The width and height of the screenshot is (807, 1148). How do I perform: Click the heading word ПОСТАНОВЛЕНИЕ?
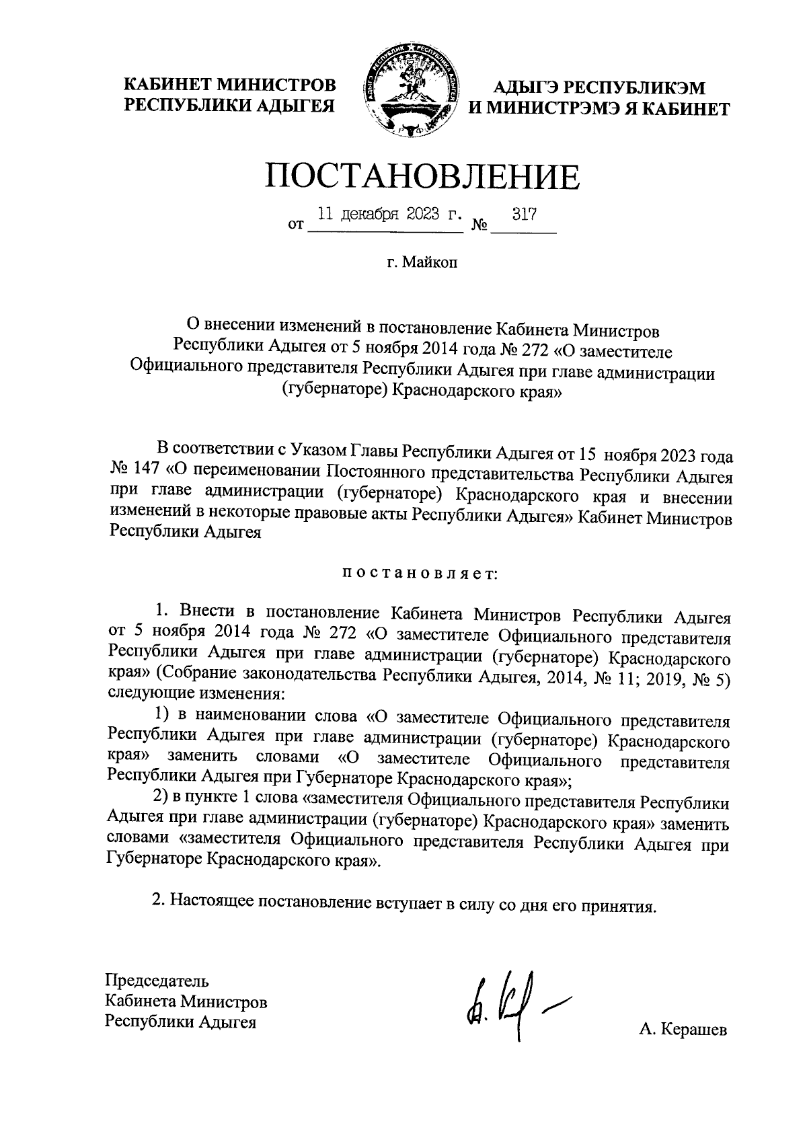pos(422,176)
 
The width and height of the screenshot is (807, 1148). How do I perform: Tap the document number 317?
pos(524,215)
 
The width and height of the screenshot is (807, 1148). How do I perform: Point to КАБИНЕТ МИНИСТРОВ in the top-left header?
pos(229,86)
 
